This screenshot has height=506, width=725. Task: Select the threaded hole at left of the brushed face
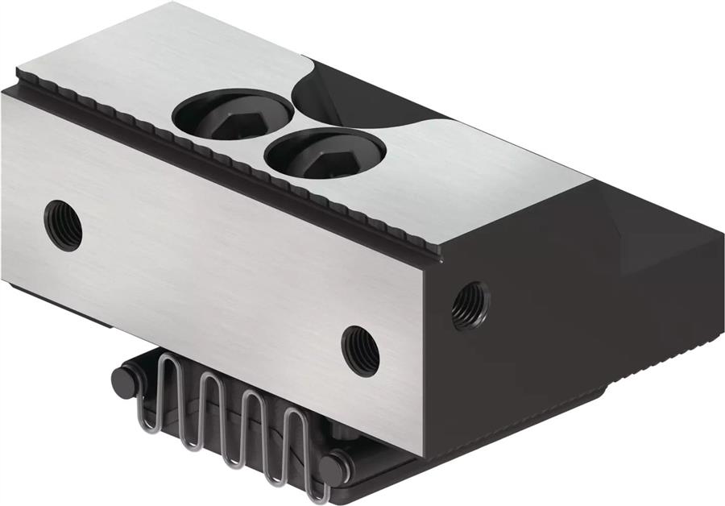click(63, 225)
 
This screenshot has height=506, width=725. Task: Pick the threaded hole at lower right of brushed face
click(361, 349)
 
